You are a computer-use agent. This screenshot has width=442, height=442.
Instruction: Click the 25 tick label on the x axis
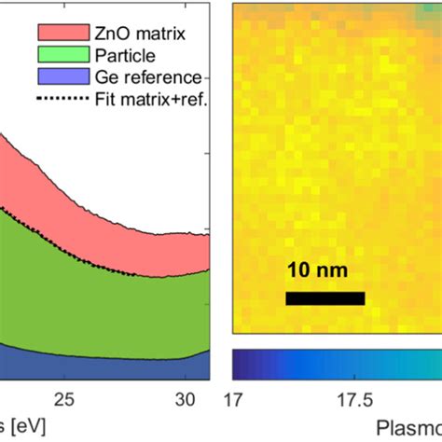pyautogui.click(x=63, y=400)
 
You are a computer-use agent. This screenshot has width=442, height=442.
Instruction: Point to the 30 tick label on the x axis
pyautogui.click(x=186, y=400)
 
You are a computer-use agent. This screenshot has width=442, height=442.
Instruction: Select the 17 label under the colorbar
pyautogui.click(x=236, y=400)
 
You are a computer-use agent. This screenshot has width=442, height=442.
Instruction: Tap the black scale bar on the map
pyautogui.click(x=325, y=297)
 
